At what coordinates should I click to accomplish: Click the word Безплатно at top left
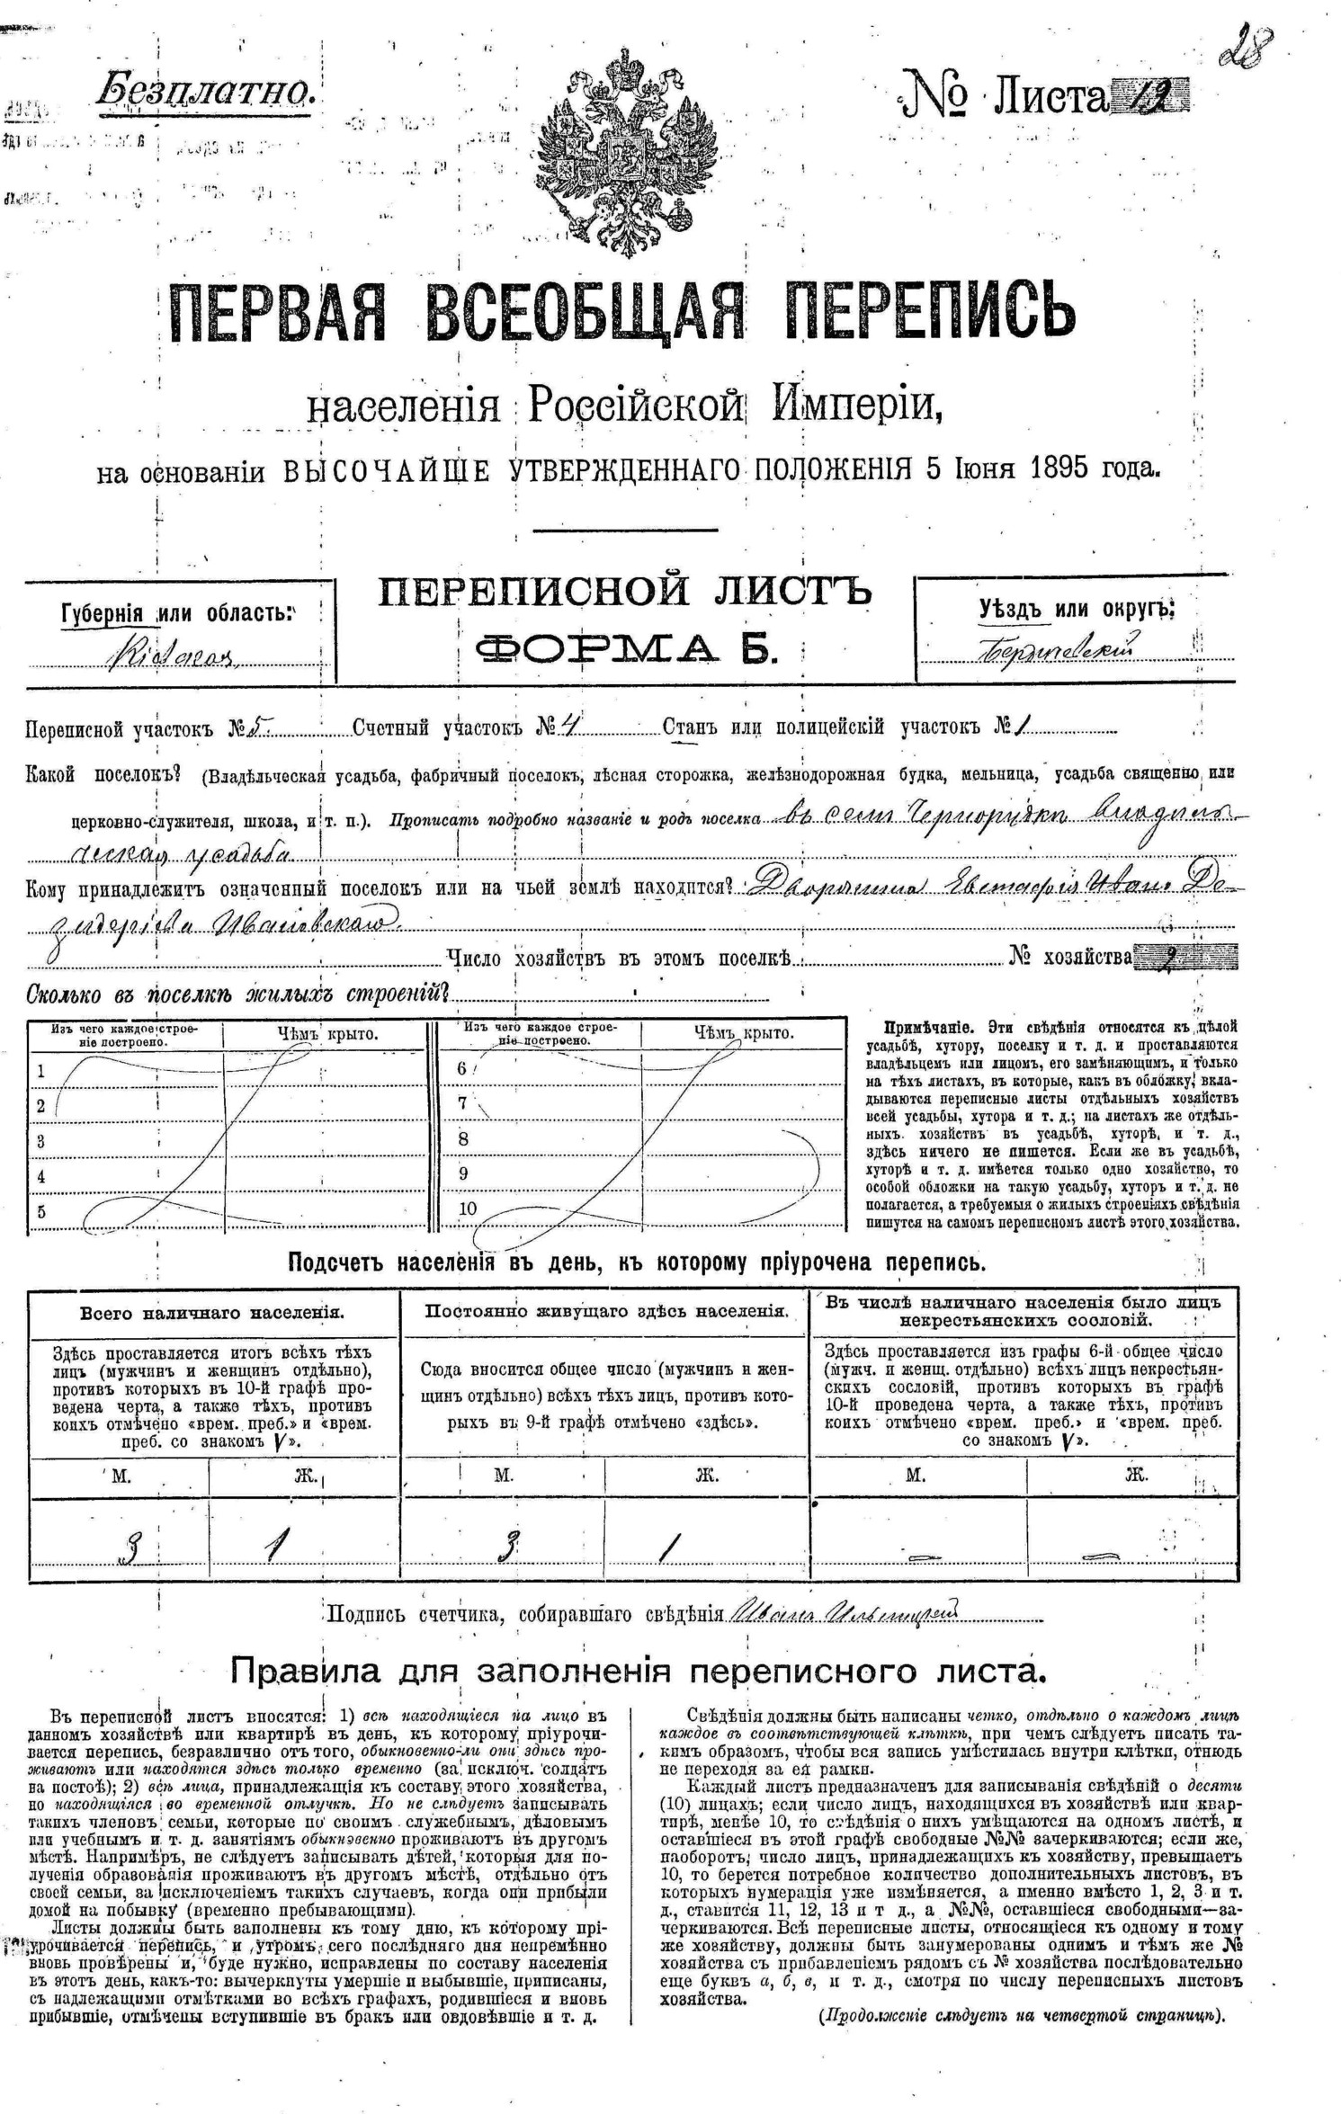click(x=205, y=89)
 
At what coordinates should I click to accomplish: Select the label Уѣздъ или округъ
click(x=1077, y=609)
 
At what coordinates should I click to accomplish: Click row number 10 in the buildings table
click(x=468, y=1209)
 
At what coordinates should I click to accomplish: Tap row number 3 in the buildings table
click(x=40, y=1142)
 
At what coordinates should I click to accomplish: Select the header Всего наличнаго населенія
click(x=212, y=1312)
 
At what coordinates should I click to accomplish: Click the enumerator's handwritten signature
click(x=845, y=1611)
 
